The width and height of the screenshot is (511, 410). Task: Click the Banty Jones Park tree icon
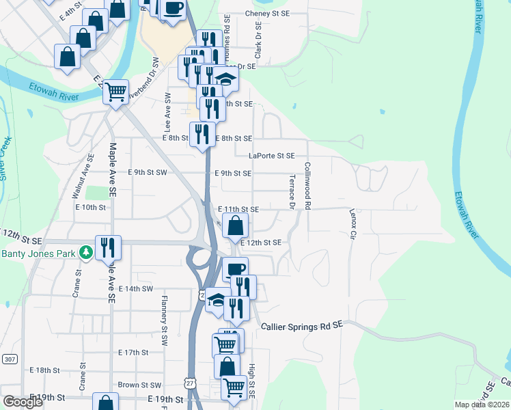click(x=85, y=253)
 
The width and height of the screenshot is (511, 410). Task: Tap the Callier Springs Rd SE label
click(x=301, y=327)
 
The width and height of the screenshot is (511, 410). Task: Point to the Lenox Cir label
click(x=353, y=224)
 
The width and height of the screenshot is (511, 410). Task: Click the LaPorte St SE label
click(x=271, y=156)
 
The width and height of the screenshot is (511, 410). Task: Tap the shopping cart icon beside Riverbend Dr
click(x=116, y=90)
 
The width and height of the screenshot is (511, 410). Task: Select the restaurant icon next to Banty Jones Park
click(x=107, y=247)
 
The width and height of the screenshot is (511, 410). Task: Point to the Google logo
click(x=23, y=402)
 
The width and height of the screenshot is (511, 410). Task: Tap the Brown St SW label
click(x=139, y=385)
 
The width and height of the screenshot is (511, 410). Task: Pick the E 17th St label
click(x=133, y=353)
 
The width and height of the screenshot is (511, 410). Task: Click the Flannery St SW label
click(x=165, y=315)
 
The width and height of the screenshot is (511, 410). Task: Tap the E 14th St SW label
click(x=144, y=289)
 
